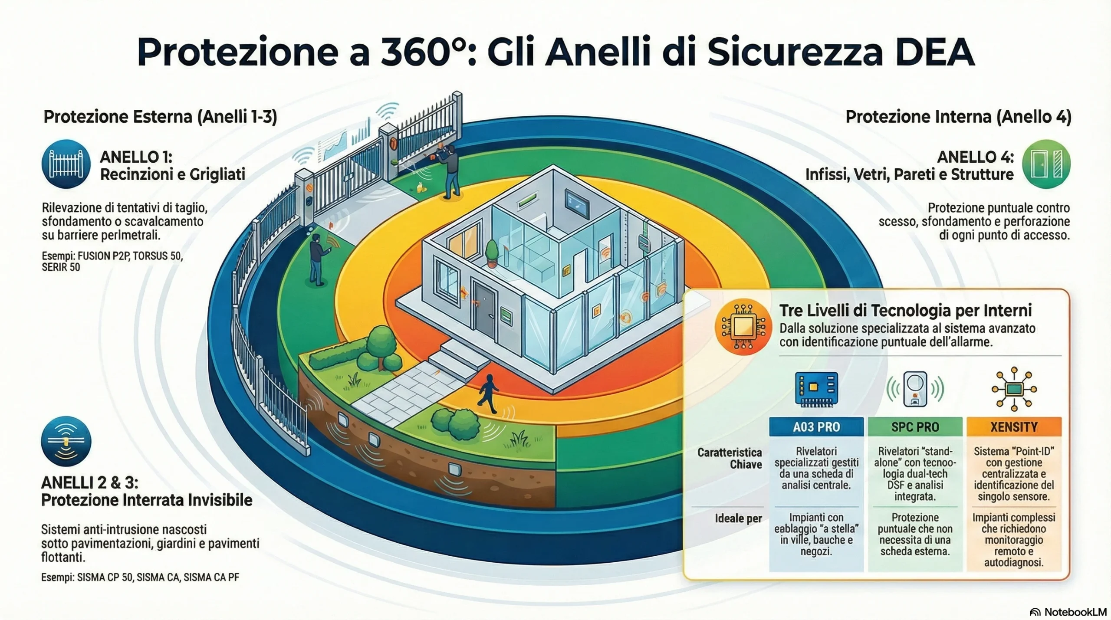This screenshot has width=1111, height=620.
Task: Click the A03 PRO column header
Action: click(x=816, y=427)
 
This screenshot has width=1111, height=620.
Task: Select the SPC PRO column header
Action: click(x=915, y=427)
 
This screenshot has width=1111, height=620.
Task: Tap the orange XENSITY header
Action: click(x=1014, y=427)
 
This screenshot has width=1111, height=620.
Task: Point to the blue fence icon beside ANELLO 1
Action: click(x=66, y=164)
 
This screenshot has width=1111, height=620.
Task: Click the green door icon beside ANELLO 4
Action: click(x=1046, y=164)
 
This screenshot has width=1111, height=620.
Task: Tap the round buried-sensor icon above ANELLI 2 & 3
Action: click(x=66, y=441)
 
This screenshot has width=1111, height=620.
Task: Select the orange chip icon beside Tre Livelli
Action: click(x=743, y=327)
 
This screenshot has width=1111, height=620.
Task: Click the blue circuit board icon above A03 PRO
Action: click(x=816, y=389)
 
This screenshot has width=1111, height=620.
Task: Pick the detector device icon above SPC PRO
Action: click(x=915, y=389)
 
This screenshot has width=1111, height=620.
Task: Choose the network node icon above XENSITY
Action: click(x=1014, y=389)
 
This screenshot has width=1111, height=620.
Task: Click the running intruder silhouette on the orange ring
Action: click(x=488, y=393)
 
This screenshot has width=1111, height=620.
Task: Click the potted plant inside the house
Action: click(x=492, y=253)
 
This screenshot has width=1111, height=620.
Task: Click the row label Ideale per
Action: click(x=738, y=518)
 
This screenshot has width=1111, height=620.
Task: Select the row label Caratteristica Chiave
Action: click(x=730, y=459)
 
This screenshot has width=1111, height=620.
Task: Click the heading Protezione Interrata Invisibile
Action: click(x=147, y=500)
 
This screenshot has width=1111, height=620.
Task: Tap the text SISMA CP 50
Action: click(x=105, y=577)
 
